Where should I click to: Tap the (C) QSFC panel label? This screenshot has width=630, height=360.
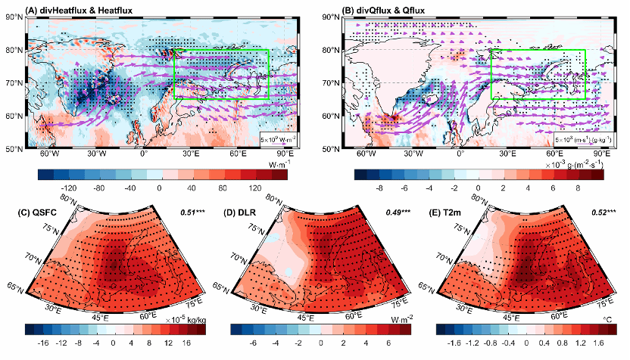(47, 209)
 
